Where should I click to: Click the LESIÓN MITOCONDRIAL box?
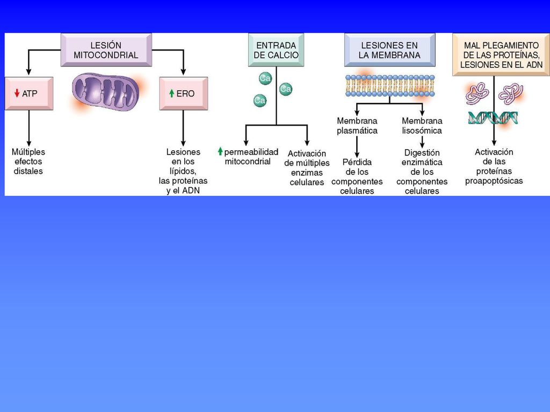(x=106, y=50)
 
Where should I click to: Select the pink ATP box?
(x=29, y=93)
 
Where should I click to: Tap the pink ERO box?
(x=184, y=93)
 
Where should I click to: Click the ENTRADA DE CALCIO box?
(x=276, y=50)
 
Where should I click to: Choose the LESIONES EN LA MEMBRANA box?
(x=390, y=50)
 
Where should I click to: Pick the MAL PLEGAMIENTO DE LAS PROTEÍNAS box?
(x=501, y=55)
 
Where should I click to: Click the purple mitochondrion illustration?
(x=106, y=92)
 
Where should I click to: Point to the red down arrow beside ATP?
(x=17, y=93)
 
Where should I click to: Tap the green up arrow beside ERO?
(x=171, y=93)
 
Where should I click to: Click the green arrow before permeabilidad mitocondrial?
(x=220, y=151)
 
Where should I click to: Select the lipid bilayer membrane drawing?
(x=390, y=85)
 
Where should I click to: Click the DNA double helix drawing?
(x=493, y=117)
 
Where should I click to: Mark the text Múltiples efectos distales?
(x=28, y=161)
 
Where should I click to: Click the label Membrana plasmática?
(x=357, y=126)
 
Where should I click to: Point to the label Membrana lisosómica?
(x=422, y=126)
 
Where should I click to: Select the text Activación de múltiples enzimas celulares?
(x=307, y=168)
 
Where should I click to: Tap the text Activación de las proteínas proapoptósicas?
(x=494, y=166)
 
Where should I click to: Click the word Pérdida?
(x=357, y=162)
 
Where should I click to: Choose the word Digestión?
(x=422, y=153)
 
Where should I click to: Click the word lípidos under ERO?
(x=183, y=171)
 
